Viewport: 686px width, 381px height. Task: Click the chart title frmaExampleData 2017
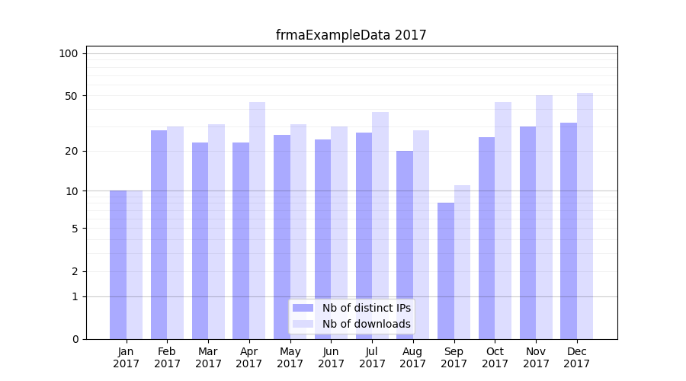coord(351,35)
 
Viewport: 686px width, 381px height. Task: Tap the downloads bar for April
coord(257,221)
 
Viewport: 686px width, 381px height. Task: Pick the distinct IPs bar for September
coord(446,271)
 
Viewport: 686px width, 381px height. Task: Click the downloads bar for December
coord(585,216)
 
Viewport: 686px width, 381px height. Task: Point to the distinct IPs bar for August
coord(405,245)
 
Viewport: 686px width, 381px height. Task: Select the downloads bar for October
coord(503,221)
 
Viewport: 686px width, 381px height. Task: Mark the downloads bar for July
coord(380,226)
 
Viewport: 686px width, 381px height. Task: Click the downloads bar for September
coord(462,262)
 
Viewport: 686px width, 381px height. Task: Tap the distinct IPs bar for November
coord(527,232)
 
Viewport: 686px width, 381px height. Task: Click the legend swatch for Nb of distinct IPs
coord(303,308)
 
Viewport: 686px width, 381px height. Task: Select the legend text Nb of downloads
coord(366,324)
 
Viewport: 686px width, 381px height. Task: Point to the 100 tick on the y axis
coord(69,53)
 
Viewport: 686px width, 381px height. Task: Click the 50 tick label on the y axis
coord(72,96)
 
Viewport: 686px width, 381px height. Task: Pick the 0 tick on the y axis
coord(75,339)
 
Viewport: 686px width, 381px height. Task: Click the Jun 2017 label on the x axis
coord(331,357)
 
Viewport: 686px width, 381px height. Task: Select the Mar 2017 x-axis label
coord(208,357)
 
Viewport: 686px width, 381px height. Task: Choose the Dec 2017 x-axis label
coord(577,357)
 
